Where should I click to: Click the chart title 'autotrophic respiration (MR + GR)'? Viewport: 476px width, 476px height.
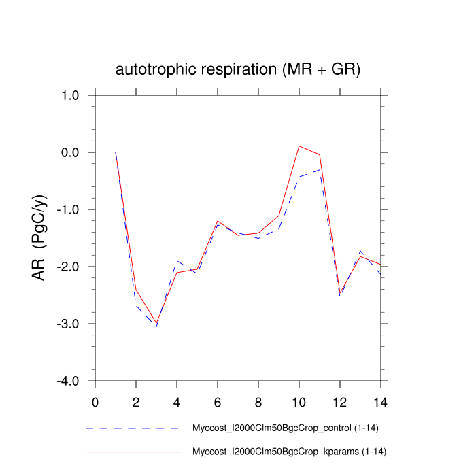pyautogui.click(x=238, y=69)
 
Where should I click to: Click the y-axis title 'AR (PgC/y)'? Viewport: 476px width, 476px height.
pyautogui.click(x=39, y=237)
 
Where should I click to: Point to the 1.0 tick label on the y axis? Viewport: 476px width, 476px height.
pyautogui.click(x=68, y=95)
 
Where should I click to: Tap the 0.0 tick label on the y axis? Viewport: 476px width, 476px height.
pyautogui.click(x=68, y=152)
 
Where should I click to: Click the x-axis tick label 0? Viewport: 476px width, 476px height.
pyautogui.click(x=95, y=401)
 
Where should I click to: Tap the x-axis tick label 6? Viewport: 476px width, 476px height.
pyautogui.click(x=218, y=401)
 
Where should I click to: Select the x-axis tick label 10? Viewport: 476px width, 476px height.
pyautogui.click(x=299, y=401)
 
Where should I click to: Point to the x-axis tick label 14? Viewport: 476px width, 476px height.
pyautogui.click(x=381, y=401)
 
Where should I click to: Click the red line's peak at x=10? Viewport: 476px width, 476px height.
pyautogui.click(x=299, y=146)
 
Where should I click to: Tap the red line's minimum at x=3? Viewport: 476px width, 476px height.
pyautogui.click(x=156, y=323)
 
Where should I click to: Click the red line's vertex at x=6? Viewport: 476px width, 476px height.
pyautogui.click(x=218, y=221)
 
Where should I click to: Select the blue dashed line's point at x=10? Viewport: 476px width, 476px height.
pyautogui.click(x=299, y=177)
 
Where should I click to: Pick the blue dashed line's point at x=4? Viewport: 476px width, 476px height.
pyautogui.click(x=177, y=261)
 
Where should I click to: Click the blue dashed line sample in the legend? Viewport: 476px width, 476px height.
pyautogui.click(x=133, y=429)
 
